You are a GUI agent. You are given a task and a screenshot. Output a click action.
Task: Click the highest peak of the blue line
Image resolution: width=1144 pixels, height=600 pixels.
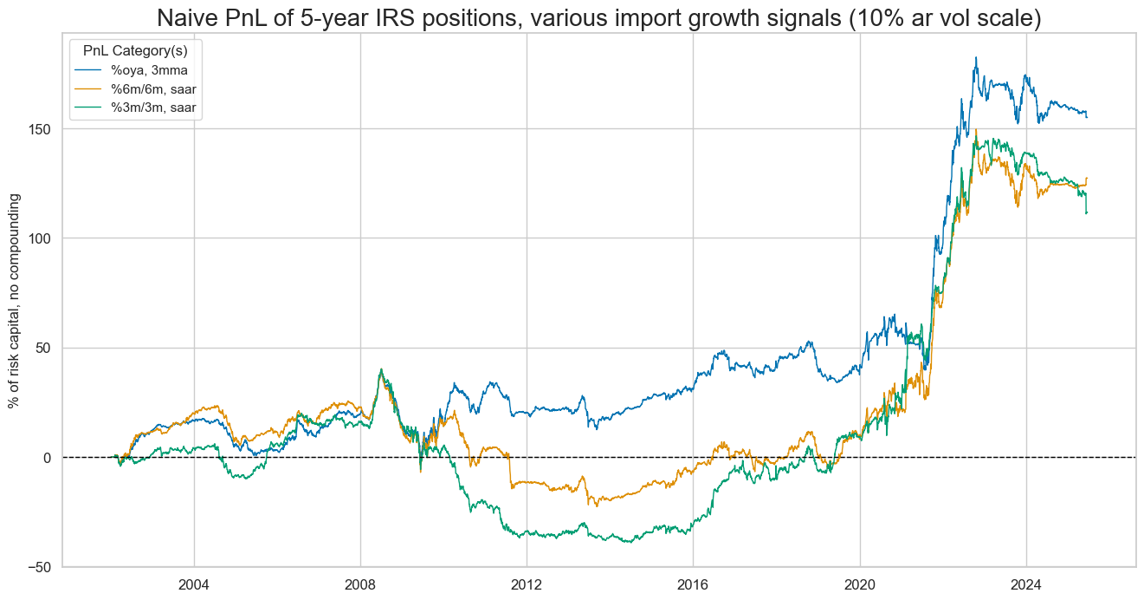pyautogui.click(x=976, y=58)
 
